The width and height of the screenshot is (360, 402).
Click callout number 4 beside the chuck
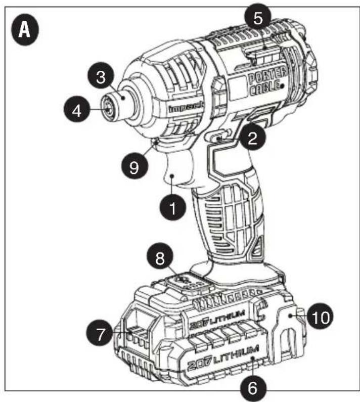point(76,110)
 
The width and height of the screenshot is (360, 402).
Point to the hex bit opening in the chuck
point(107,107)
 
